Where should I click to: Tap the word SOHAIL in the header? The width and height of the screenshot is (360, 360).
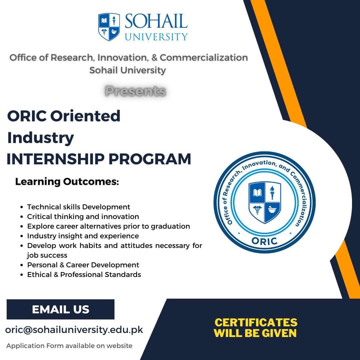pos(156,21)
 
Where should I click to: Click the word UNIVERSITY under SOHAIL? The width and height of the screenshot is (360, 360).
pos(156,36)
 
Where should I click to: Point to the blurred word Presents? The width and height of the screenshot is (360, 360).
pos(135,91)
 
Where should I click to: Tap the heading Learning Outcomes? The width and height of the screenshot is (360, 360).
pos(67,182)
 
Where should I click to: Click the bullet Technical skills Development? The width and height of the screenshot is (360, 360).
pos(79,207)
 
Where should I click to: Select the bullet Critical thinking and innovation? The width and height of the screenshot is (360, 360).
pos(83,217)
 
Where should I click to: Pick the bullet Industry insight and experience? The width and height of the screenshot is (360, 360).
pos(83,236)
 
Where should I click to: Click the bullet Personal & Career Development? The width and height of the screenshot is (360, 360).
pos(83,265)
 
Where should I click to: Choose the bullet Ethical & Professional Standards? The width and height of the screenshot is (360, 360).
pos(84,275)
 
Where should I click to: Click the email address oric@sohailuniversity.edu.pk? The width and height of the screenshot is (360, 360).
pos(74,330)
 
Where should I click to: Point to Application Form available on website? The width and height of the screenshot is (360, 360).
pos(69,346)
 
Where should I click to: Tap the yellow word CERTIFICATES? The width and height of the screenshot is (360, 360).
pos(256,322)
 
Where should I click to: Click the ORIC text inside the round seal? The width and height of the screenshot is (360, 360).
pos(265,241)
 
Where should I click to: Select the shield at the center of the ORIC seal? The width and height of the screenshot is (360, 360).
pos(265,203)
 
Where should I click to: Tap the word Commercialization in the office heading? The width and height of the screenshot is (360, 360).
pos(204,58)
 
